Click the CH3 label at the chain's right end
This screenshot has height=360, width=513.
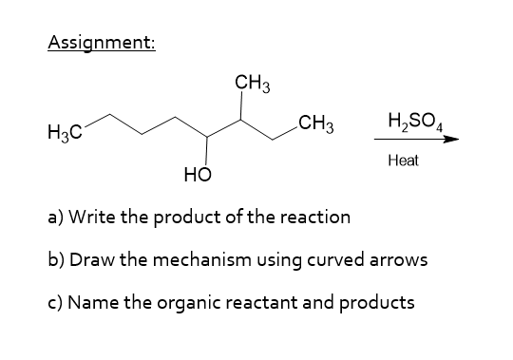[x=313, y=123]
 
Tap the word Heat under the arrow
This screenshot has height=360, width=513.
[x=403, y=162]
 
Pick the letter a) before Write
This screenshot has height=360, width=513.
[x=54, y=217]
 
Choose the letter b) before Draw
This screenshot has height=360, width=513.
[x=55, y=259]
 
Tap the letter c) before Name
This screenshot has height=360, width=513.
[x=54, y=303]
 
